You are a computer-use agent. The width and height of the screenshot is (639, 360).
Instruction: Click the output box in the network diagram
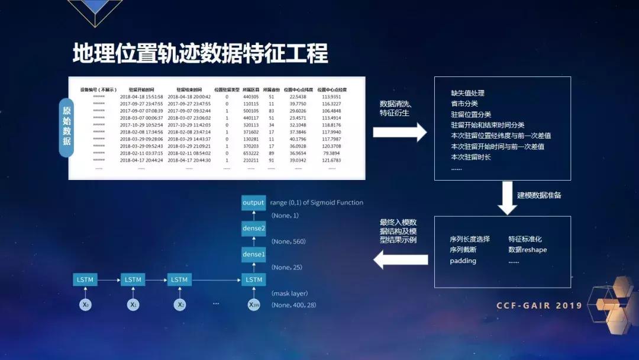253,203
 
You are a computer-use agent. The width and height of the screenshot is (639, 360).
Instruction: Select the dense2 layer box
253,228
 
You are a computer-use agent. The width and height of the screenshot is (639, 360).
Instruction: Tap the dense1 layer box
253,254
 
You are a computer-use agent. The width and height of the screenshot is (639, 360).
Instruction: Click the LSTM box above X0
85,279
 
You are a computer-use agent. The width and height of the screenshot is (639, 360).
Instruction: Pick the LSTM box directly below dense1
253,279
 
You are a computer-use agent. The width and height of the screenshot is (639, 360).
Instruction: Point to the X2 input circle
179,304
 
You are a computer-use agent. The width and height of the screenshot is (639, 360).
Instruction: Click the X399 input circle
253,304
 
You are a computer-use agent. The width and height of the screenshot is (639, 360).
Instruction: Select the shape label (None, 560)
289,242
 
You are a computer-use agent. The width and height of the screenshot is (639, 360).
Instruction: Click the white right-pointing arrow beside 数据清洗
399,132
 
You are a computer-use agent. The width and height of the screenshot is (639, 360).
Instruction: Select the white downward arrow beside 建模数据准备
507,198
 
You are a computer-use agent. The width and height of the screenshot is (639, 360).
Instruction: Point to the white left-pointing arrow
401,259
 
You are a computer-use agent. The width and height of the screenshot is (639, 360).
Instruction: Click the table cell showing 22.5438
298,97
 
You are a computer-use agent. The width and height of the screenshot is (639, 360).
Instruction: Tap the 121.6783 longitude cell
331,160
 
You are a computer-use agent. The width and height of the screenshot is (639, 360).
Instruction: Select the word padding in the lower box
463,261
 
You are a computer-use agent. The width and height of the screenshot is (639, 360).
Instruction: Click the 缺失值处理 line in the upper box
467,93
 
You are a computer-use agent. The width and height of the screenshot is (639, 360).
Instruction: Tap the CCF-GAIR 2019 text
539,306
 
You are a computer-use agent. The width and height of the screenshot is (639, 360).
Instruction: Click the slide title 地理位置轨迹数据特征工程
200,53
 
